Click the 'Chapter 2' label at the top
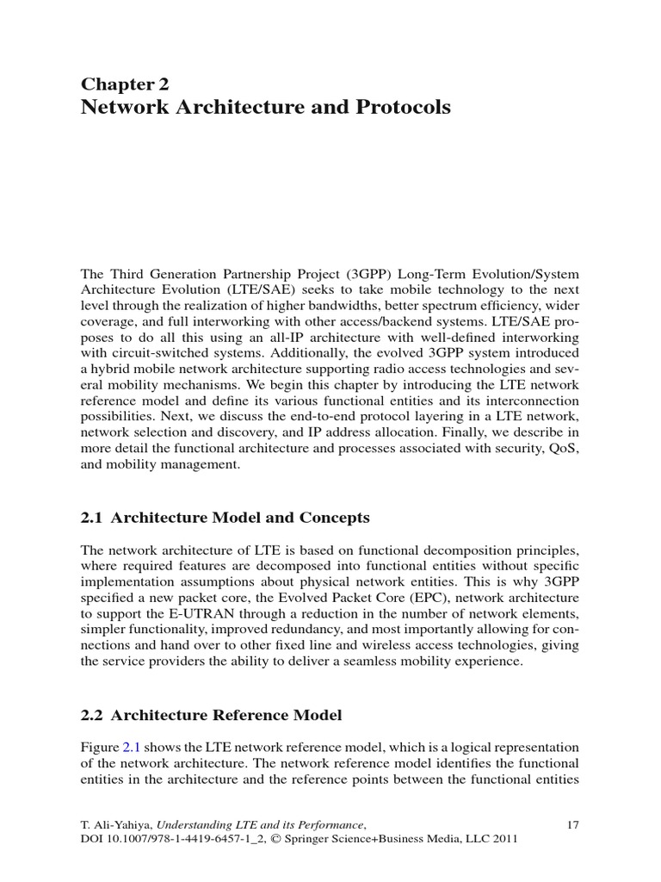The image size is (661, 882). click(125, 84)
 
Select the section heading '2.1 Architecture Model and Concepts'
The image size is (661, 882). click(225, 518)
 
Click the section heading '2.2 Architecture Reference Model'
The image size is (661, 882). click(211, 715)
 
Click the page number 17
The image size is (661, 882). click(573, 824)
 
